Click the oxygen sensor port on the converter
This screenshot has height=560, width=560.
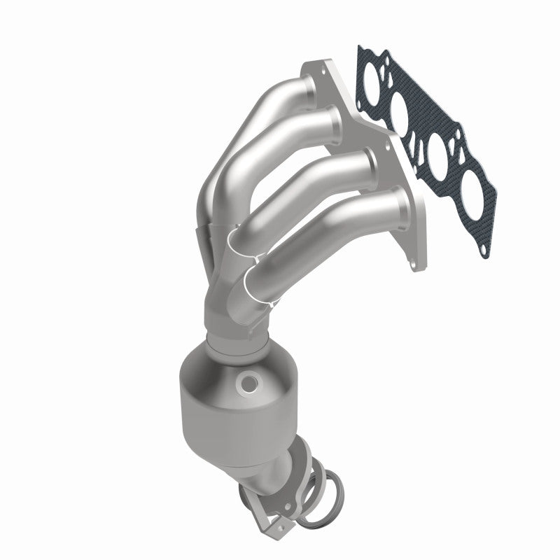pos(247,383)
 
